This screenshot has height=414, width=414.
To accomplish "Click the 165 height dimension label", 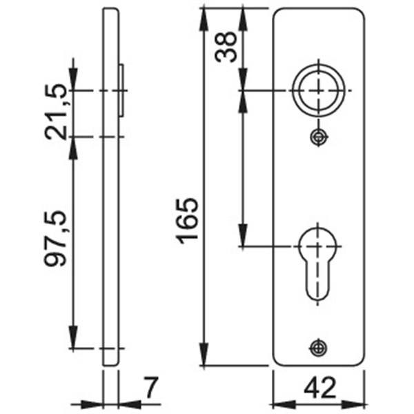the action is (x=186, y=220).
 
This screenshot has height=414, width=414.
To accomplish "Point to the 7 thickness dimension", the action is (x=150, y=388).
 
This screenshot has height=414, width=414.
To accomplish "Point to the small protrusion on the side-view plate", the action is (x=121, y=90).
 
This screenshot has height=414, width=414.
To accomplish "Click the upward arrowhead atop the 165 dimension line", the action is (x=204, y=15).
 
